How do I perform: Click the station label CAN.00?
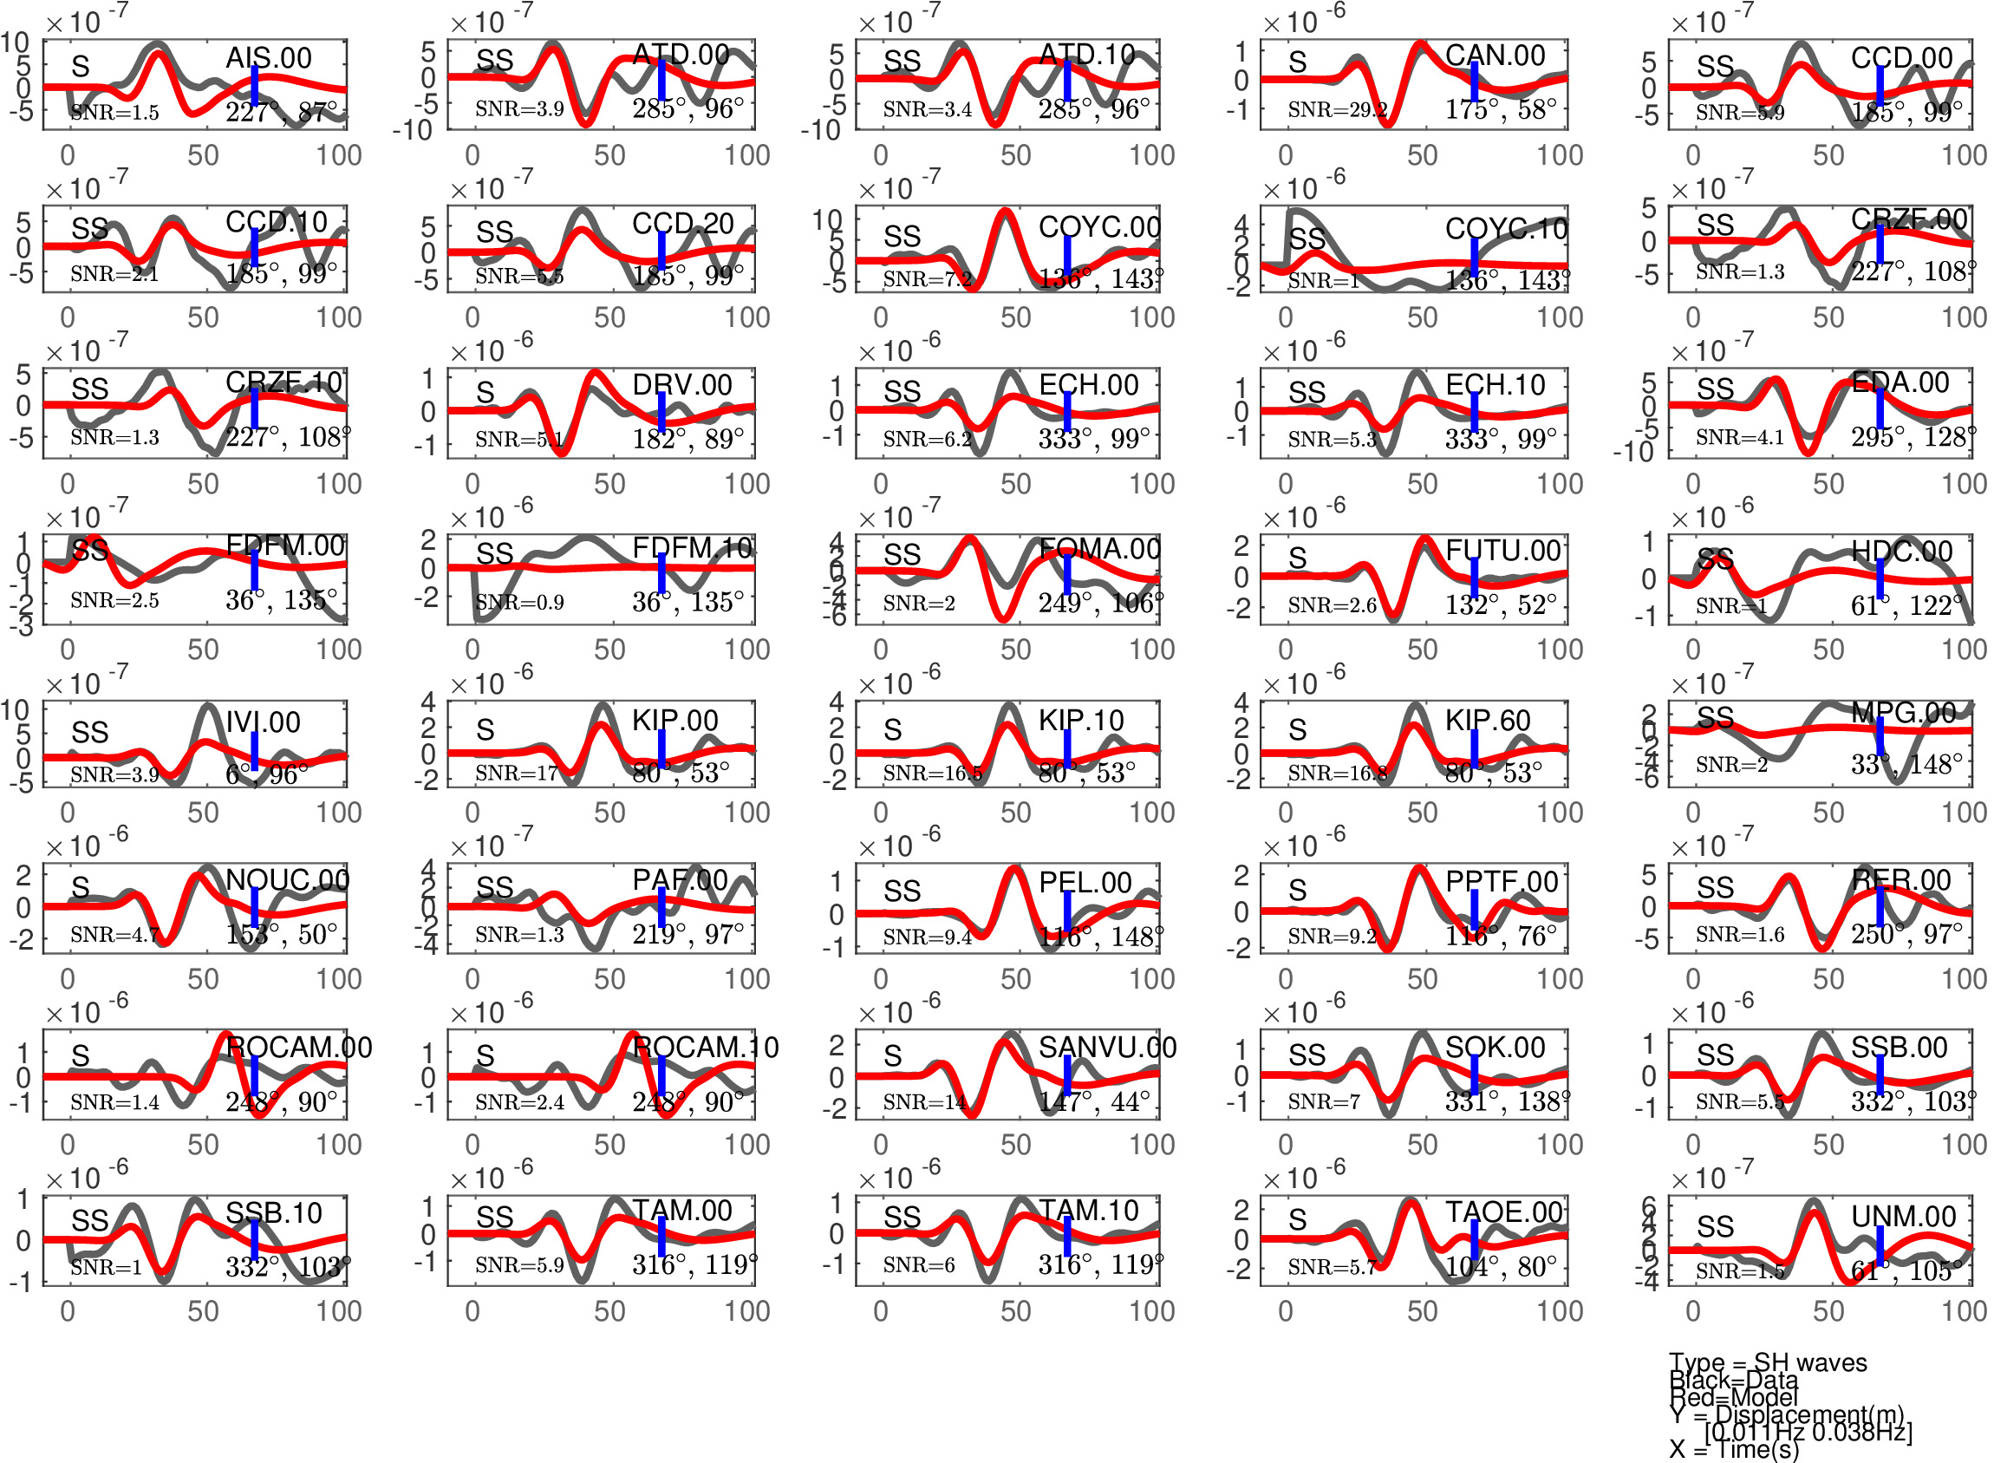coord(1495,56)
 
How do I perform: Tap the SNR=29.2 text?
coord(1337,110)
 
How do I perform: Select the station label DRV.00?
coord(681,385)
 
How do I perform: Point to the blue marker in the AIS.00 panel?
coord(254,86)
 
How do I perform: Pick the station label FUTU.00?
coord(1502,551)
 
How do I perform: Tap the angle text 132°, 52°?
coord(1501,604)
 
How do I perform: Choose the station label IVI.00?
coord(263,722)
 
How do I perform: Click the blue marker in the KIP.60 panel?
coord(1474,750)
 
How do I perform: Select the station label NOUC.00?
coord(288,879)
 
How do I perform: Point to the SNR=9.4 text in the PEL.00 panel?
coord(927,937)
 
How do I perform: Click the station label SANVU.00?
coord(1107,1048)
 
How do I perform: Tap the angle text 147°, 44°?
coord(1094,1101)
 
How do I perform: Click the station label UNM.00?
coord(1904,1217)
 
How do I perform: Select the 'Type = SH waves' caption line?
coord(1768,1362)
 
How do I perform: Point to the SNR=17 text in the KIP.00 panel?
coord(516,773)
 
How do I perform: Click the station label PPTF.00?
coord(1502,882)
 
